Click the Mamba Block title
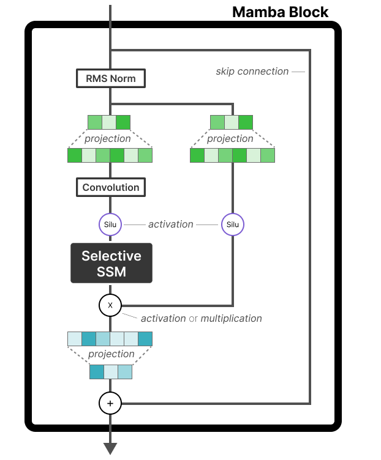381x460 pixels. coord(280,12)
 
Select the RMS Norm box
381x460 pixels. coord(110,79)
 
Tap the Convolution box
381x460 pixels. coord(111,187)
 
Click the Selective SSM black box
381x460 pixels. coord(111,264)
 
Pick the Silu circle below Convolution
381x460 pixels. coord(110,224)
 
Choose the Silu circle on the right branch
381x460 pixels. coord(233,224)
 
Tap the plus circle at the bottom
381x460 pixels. coord(110,403)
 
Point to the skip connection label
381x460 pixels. coord(252,72)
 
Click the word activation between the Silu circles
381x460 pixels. coord(171,224)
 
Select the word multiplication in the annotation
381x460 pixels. coord(231,318)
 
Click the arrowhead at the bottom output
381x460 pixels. coord(110,448)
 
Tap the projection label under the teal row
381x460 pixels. coord(111,354)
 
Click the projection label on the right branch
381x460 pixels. coord(230,139)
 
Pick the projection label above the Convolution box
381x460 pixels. coord(108,139)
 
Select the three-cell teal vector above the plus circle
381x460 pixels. coord(111,371)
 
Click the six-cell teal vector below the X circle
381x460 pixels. coord(110,339)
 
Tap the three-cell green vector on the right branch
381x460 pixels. coord(232,122)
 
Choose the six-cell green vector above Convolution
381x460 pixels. coord(110,155)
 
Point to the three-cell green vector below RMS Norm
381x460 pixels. coord(109,122)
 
